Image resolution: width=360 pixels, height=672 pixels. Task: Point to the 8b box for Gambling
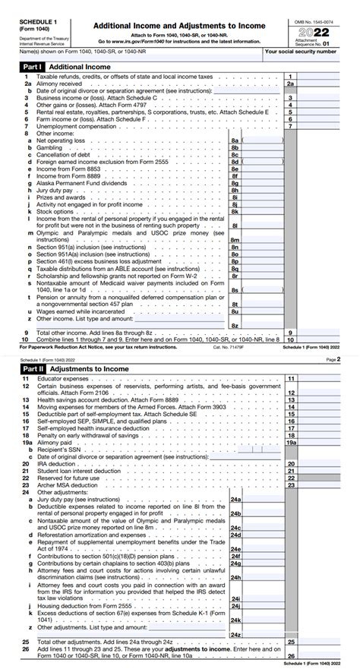235,148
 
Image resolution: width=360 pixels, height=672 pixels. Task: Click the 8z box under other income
235,325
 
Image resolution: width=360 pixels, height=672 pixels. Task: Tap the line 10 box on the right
290,339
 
